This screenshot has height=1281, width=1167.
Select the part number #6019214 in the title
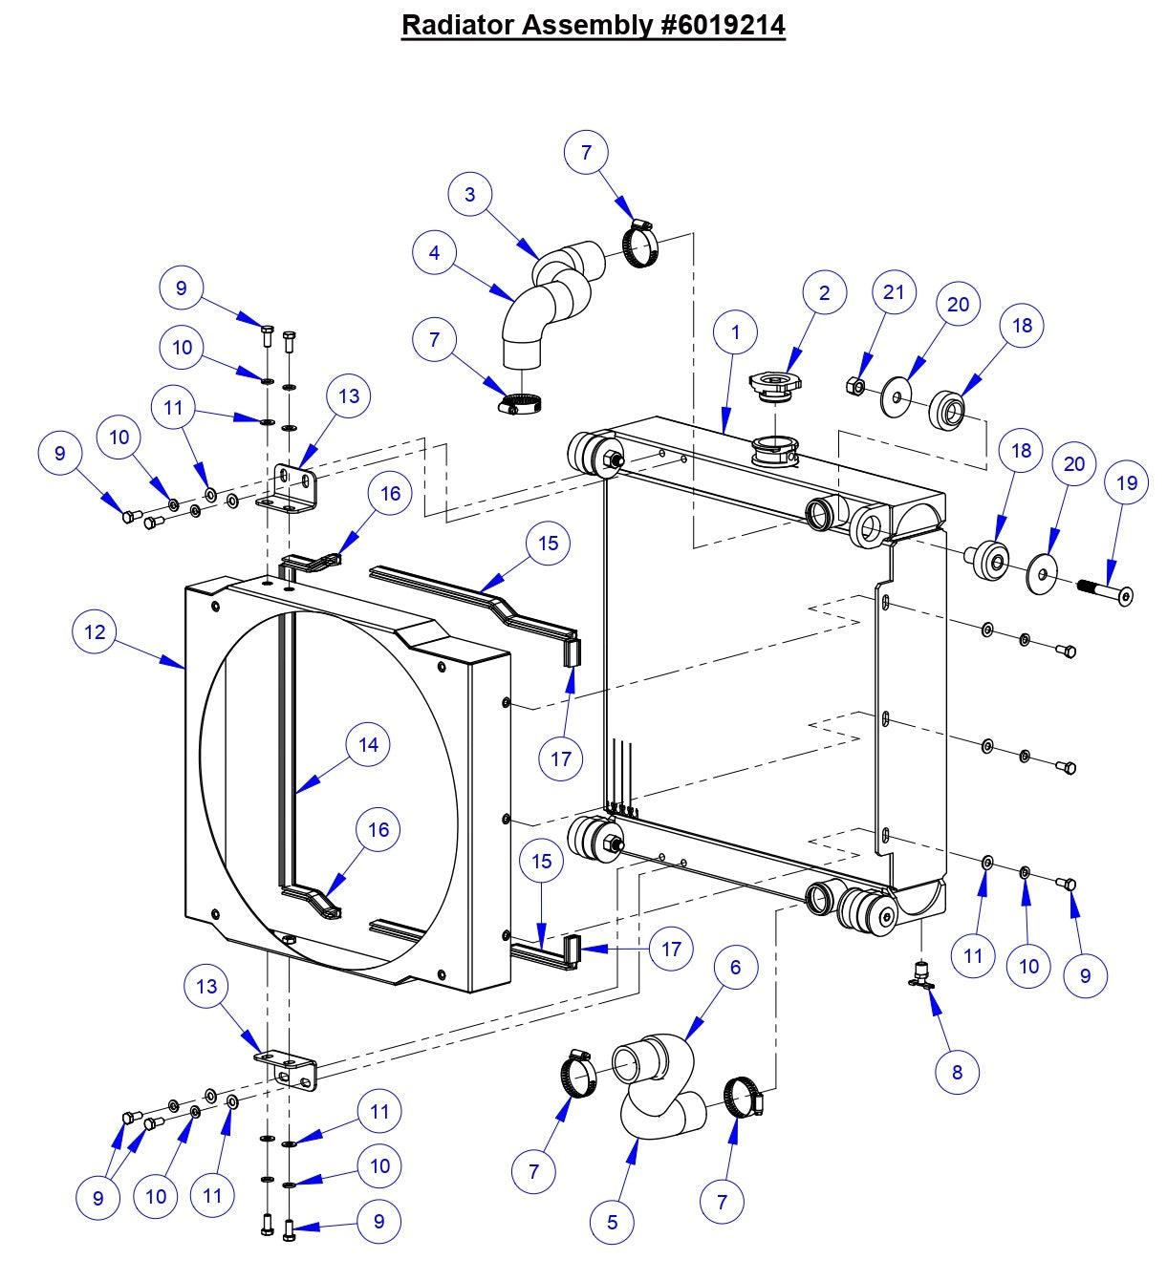click(723, 25)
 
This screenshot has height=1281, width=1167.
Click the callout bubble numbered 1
click(735, 332)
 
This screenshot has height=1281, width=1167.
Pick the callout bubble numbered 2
click(825, 293)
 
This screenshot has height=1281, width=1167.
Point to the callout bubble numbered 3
click(469, 195)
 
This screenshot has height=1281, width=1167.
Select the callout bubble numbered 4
click(435, 253)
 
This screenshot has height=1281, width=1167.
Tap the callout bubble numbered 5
click(612, 1222)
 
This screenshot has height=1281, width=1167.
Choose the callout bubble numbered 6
click(735, 967)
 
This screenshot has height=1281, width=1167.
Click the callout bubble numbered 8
click(957, 1072)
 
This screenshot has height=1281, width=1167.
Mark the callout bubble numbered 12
click(95, 632)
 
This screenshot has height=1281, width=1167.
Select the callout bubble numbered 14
click(368, 745)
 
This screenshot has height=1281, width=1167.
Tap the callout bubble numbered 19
click(1127, 483)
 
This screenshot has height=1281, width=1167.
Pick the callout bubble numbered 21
click(894, 292)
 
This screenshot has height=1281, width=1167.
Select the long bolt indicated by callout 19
click(1105, 591)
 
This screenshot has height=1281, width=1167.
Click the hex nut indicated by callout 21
click(857, 387)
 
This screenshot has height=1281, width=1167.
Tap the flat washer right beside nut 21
click(897, 395)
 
